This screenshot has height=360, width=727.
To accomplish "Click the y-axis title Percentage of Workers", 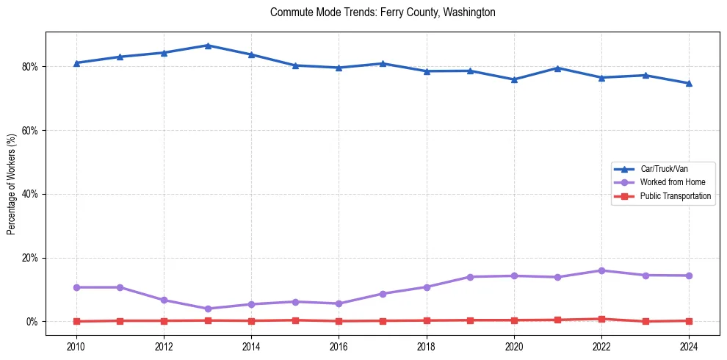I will click(12, 184).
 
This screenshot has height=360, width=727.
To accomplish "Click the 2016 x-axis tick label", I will click(339, 346).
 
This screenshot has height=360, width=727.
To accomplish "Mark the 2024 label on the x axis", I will click(689, 346).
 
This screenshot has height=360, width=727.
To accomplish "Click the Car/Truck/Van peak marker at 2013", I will click(208, 46).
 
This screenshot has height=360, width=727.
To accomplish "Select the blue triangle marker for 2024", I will click(689, 83).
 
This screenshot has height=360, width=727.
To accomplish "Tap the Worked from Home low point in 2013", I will click(208, 309).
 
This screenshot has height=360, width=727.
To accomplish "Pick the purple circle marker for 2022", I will click(601, 270).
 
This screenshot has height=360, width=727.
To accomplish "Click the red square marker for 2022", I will click(601, 319).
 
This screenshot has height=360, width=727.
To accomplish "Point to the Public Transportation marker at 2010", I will click(76, 321).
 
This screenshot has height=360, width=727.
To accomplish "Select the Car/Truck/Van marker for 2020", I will click(514, 79).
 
